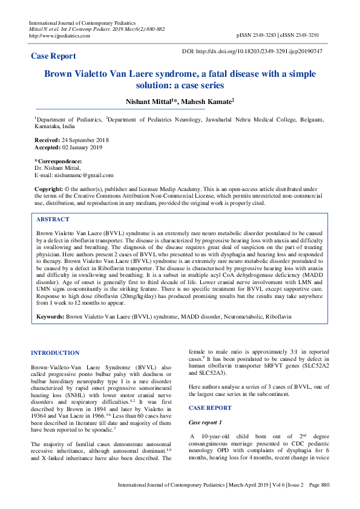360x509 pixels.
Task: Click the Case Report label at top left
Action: coord(53,56)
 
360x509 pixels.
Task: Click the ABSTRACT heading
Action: coord(53,219)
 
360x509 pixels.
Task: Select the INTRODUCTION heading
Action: coord(54,352)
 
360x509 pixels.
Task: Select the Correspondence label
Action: coord(58,161)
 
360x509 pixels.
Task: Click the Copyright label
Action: coord(48,189)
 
